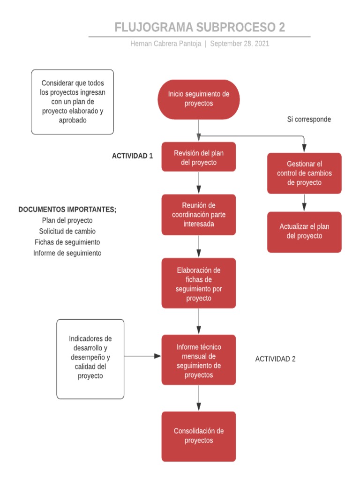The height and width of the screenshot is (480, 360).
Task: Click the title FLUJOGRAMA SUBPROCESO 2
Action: click(200, 27)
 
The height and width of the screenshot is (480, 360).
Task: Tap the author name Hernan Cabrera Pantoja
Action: click(166, 44)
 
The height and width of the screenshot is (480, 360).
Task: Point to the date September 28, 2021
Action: click(240, 44)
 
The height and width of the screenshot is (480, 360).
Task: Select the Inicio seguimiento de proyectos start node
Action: click(199, 99)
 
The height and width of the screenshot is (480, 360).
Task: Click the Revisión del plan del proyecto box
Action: click(199, 157)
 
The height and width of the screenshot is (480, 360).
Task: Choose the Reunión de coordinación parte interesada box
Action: click(199, 215)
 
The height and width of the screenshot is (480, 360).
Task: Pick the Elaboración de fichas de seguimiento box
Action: click(199, 284)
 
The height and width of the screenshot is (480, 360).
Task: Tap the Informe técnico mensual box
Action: click(199, 360)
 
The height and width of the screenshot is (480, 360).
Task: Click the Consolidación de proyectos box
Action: click(199, 436)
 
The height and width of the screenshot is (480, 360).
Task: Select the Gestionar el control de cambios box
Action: click(304, 173)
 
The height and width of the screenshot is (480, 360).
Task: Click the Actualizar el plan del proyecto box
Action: click(304, 232)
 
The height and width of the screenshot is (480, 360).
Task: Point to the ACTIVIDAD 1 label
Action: click(132, 156)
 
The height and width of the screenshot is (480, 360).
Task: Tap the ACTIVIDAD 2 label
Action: click(275, 359)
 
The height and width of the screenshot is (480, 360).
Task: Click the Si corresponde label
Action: click(309, 120)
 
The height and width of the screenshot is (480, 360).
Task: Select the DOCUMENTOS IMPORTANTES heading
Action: click(67, 210)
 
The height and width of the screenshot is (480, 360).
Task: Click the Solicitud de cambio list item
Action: click(67, 231)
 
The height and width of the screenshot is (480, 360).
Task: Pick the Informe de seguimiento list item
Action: click(67, 253)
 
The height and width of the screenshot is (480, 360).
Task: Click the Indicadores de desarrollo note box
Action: click(90, 359)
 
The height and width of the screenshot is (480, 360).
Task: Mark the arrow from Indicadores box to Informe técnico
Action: click(142, 356)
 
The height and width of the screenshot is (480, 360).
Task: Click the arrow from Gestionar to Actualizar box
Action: click(304, 202)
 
